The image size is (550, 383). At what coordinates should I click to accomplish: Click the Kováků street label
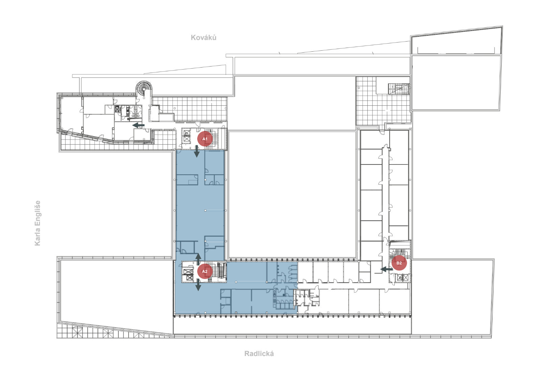[204, 37]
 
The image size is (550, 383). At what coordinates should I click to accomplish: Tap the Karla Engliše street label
[37, 223]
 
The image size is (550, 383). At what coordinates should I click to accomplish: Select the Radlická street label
[259, 354]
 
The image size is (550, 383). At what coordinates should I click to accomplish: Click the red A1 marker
[205, 139]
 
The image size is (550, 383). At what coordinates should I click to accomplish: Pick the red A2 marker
[205, 272]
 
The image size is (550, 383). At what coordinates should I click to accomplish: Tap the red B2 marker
[399, 263]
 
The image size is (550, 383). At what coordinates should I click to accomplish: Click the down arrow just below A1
[197, 151]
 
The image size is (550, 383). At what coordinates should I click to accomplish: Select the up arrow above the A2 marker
[198, 259]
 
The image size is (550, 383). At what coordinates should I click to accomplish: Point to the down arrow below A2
[198, 285]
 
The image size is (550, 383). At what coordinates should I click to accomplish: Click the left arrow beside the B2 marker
[387, 269]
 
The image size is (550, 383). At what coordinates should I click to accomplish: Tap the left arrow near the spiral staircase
[138, 125]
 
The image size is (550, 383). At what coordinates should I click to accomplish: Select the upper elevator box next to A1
[187, 133]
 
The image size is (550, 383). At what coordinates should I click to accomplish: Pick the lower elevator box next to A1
[187, 139]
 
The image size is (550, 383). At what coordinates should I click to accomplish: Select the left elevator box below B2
[400, 278]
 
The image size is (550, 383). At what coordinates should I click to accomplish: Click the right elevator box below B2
[406, 278]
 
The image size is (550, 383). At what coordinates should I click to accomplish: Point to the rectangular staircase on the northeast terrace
[399, 88]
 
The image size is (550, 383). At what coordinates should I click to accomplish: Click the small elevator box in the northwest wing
[117, 109]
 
